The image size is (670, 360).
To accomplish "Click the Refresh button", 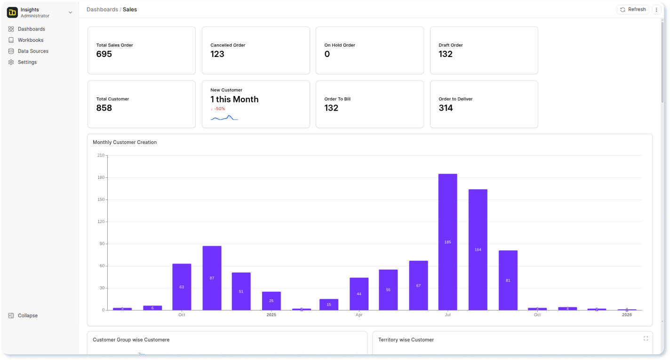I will point(633,9).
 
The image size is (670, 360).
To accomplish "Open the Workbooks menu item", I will point(31,40).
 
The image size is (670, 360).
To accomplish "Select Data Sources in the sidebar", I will point(33,51).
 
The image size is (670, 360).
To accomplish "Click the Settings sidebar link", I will point(27,62).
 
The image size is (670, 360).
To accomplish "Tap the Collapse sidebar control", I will point(27,316).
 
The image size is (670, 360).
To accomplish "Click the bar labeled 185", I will point(447,242).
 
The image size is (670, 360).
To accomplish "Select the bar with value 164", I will point(478,249).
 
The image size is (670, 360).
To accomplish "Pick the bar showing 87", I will point(212,278).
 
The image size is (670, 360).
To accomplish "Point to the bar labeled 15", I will point(329,304).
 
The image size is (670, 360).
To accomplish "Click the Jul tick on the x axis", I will point(447,315).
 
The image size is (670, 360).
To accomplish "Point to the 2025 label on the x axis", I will point(271,315).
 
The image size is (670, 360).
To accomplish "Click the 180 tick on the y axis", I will point(101,178).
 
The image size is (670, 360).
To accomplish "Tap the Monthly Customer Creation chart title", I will point(125,142).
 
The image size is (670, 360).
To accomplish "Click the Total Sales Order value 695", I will point(104,54).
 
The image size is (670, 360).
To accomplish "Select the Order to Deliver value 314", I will point(446,108).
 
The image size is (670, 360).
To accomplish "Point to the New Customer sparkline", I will point(224,118).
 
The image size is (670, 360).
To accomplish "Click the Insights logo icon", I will point(12,13).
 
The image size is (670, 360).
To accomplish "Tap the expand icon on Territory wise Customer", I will point(646,338).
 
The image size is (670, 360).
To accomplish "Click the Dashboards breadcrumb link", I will point(102,9).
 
